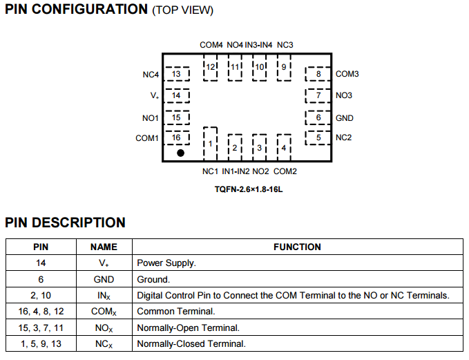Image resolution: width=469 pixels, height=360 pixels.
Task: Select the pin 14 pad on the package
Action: tap(177, 95)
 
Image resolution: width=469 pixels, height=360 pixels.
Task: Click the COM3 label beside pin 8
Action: tap(347, 74)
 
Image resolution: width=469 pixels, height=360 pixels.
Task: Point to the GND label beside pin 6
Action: tap(344, 118)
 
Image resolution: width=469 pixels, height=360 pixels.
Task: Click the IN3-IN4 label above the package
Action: tap(259, 45)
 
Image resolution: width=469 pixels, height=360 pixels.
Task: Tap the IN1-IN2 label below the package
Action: tap(236, 171)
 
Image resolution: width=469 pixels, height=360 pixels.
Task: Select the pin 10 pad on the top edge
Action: tap(260, 67)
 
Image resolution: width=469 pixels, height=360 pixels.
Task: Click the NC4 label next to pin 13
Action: tap(151, 74)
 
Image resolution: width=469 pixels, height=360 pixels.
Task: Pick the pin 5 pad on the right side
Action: tap(318, 138)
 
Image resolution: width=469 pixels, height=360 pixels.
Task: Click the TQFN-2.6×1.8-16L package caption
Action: tap(249, 189)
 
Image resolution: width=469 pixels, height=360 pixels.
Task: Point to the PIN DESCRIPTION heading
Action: tap(66, 222)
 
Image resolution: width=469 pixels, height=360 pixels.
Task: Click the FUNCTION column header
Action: tap(297, 247)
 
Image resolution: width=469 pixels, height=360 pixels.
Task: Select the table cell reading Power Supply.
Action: tap(166, 263)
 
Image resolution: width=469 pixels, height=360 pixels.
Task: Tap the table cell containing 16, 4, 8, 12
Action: tap(41, 312)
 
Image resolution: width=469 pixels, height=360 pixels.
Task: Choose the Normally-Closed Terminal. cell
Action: tap(191, 343)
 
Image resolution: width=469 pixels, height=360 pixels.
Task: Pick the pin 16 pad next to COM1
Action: tap(177, 138)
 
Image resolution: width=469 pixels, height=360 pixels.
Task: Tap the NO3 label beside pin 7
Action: tap(344, 95)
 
